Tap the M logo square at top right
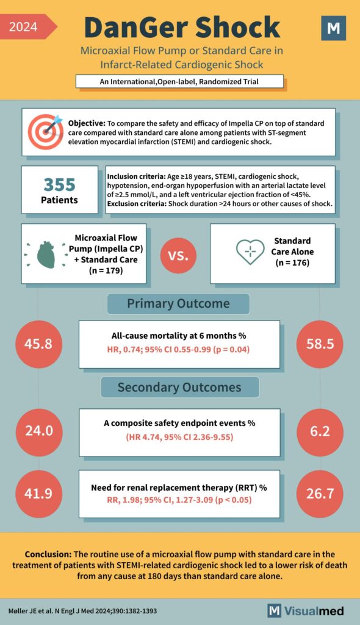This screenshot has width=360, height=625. click(333, 28)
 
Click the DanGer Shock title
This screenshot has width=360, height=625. click(182, 27)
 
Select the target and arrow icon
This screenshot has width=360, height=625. click(45, 132)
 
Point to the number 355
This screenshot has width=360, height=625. click(59, 184)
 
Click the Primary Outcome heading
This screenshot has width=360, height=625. click(178, 304)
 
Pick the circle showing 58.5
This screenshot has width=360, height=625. click(320, 344)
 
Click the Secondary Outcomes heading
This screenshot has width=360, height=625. click(179, 387)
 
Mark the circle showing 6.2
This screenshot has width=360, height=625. click(320, 431)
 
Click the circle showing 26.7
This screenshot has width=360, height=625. click(320, 493)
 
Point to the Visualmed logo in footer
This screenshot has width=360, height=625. click(306, 610)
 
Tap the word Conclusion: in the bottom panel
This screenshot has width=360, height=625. click(48, 554)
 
